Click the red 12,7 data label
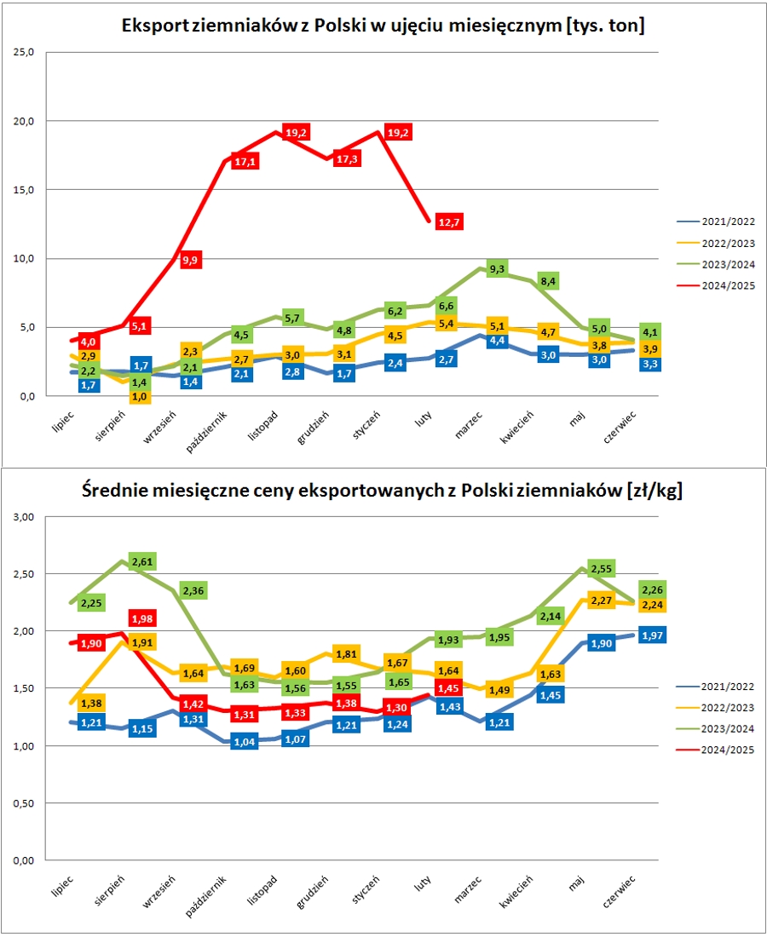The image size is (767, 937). point(448,222)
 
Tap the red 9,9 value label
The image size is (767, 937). point(191,260)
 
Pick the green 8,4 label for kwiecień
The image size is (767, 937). point(549,280)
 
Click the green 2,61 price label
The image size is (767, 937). point(141,560)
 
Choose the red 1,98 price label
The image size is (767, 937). point(141,618)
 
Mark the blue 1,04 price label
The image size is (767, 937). point(245,741)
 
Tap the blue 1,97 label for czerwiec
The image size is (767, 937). point(652,635)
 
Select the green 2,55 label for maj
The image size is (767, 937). point(602,568)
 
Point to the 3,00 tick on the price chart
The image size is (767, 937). point(23,517)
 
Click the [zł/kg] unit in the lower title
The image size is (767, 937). point(655,491)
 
